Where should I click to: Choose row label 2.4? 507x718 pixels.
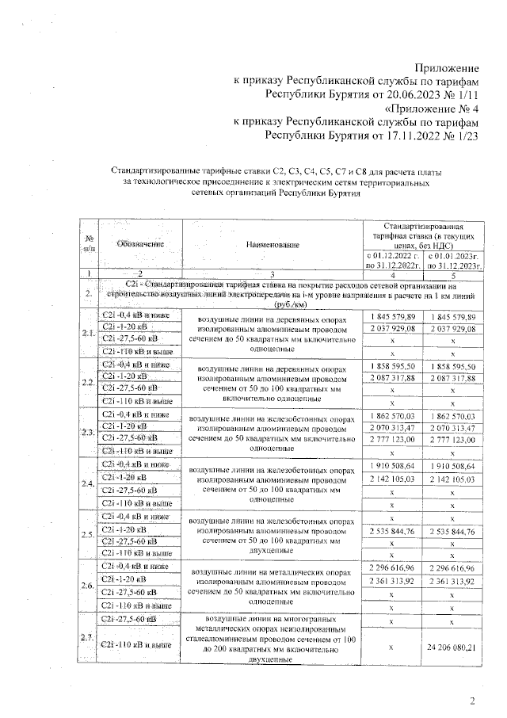pyautogui.click(x=86, y=483)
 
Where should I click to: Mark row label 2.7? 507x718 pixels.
pyautogui.click(x=86, y=638)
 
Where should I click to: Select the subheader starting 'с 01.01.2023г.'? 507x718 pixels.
pyautogui.click(x=453, y=260)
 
